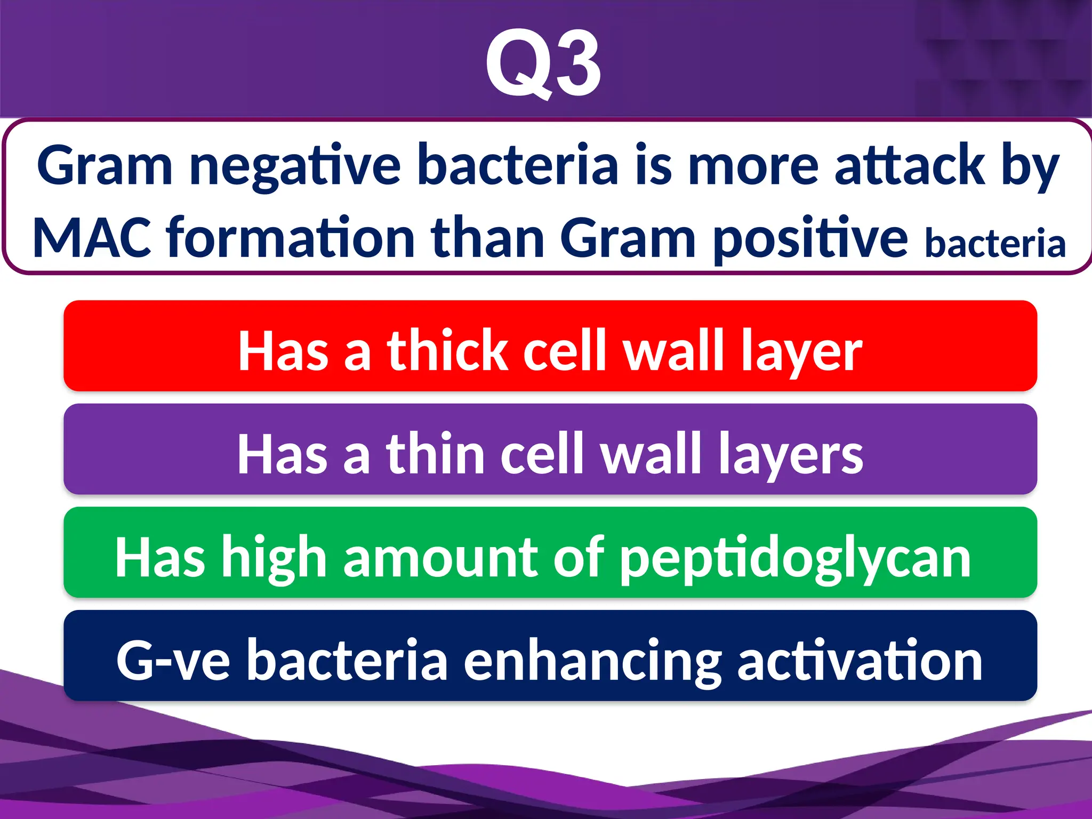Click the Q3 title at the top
[543, 63]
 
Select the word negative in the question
[295, 166]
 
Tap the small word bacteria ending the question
[995, 244]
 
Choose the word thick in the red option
[447, 350]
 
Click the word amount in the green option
[440, 558]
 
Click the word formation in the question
[291, 238]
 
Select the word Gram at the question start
[105, 166]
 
